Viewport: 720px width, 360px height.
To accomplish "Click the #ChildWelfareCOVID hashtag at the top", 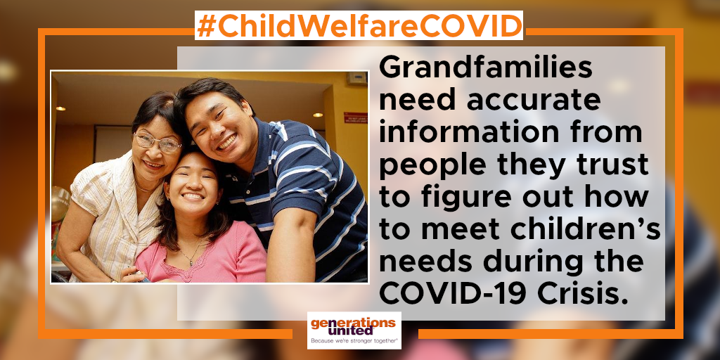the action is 359,25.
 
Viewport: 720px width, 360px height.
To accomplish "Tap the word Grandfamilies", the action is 485,68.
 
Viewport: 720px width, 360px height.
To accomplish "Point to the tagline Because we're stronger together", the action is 354,341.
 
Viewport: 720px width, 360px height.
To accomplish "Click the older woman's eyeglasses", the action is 157,143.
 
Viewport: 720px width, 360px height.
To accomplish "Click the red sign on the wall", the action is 355,118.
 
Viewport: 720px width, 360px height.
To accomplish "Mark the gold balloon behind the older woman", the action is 60,204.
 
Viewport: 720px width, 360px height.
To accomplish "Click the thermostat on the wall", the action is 356,78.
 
